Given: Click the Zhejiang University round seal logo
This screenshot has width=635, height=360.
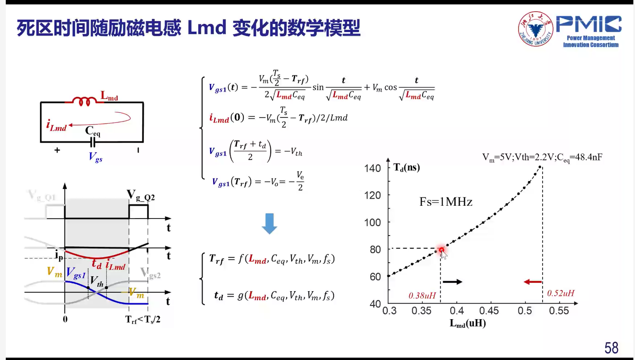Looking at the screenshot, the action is click(x=536, y=29).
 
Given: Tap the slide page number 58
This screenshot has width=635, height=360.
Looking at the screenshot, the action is click(x=611, y=348).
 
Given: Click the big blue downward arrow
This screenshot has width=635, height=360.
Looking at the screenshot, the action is click(x=269, y=224).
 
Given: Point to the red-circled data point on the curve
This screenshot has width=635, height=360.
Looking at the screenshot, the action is click(x=441, y=250).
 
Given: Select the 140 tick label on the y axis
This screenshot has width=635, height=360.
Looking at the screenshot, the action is click(x=372, y=168).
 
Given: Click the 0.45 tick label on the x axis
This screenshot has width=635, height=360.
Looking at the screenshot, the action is click(x=489, y=311).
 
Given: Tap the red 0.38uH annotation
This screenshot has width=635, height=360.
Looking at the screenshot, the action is click(x=422, y=296).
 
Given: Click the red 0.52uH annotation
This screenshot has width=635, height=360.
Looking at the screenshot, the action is click(x=560, y=293).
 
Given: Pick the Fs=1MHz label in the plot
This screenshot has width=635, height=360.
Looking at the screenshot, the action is click(x=446, y=202).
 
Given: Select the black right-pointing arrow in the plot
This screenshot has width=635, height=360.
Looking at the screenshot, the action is click(x=452, y=282).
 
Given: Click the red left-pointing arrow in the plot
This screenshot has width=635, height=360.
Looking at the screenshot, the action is click(x=533, y=282).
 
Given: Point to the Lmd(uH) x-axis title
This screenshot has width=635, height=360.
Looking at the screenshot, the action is click(x=468, y=323).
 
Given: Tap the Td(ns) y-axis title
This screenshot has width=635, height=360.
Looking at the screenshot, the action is click(x=407, y=167).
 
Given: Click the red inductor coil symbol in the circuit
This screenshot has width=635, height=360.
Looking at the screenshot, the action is click(x=85, y=101).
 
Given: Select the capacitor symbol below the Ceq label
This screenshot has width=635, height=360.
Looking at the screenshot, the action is click(x=93, y=142).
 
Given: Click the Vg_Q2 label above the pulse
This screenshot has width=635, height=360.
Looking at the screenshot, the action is click(x=141, y=195).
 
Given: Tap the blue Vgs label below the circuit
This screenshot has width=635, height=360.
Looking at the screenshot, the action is click(x=96, y=157).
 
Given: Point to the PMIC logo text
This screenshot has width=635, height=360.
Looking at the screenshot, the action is click(x=588, y=24).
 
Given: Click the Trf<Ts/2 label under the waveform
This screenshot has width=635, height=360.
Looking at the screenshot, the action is click(x=143, y=320).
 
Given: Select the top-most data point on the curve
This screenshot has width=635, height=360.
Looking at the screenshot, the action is click(x=540, y=167).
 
